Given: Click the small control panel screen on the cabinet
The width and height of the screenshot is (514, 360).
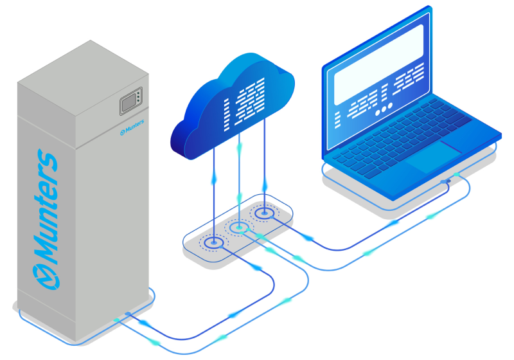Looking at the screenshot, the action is [131, 101].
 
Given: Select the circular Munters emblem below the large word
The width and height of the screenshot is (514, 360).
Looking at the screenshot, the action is [46, 277].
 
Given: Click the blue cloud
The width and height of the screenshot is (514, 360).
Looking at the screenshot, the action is [232, 107].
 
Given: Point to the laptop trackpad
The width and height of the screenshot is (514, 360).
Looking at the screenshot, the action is [433, 156].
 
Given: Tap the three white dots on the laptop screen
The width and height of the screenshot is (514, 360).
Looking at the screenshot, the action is [384, 109].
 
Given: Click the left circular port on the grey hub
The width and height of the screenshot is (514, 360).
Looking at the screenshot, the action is [214, 243].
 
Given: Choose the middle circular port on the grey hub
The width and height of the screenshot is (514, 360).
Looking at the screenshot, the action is [240, 227].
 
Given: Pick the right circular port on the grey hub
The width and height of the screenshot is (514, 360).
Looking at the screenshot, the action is [264, 213].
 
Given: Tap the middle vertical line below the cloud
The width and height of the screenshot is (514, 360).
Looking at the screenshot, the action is [240, 181].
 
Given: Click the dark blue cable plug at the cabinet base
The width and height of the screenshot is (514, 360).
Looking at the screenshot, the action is [127, 314].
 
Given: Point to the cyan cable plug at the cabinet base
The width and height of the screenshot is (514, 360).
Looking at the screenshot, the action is [116, 319].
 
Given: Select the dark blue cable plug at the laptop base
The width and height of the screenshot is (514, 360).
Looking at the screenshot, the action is [446, 181].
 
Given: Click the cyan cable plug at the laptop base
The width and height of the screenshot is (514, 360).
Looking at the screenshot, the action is [456, 174].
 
